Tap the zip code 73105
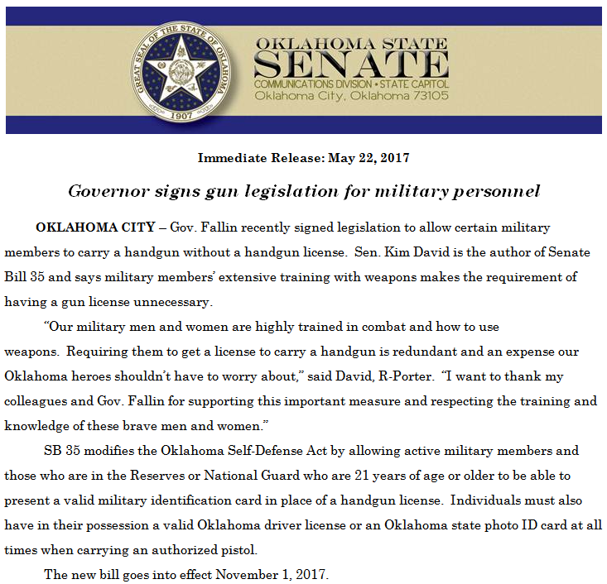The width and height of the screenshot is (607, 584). [426, 96]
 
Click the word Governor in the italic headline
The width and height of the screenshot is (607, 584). [104, 191]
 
